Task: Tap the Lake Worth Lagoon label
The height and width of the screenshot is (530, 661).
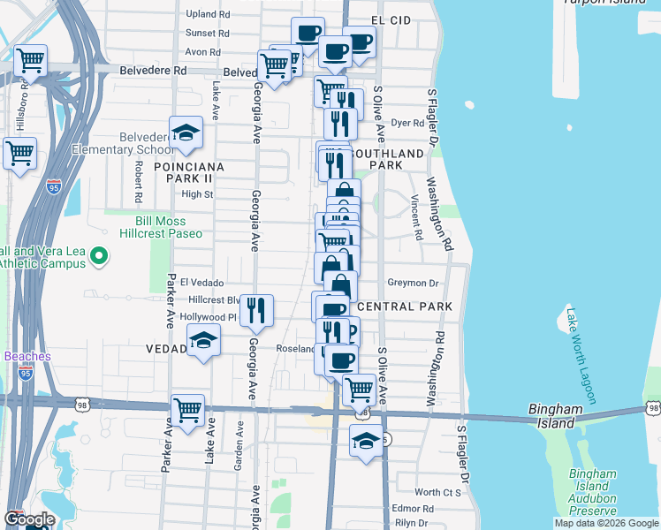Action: click(x=576, y=354)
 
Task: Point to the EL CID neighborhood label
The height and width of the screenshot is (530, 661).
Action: click(x=390, y=19)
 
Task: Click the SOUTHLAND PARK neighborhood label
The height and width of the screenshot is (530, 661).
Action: click(x=389, y=159)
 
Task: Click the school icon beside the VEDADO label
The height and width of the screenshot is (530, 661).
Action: click(x=203, y=340)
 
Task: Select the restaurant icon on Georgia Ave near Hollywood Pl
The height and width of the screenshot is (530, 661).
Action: click(x=256, y=309)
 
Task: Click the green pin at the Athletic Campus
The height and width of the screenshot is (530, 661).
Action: click(x=98, y=257)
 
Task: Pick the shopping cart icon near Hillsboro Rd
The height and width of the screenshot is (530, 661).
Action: click(x=31, y=62)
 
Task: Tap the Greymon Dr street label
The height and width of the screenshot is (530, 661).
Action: click(x=413, y=284)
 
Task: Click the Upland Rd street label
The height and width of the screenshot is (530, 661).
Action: click(x=208, y=14)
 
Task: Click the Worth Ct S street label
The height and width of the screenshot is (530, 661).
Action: click(x=438, y=492)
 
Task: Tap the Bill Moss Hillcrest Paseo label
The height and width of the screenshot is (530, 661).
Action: click(x=169, y=227)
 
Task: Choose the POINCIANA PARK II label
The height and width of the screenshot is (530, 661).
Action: click(x=188, y=172)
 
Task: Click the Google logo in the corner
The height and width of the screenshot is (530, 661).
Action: click(x=29, y=519)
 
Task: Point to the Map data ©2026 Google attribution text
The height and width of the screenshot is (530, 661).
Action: click(x=606, y=523)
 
